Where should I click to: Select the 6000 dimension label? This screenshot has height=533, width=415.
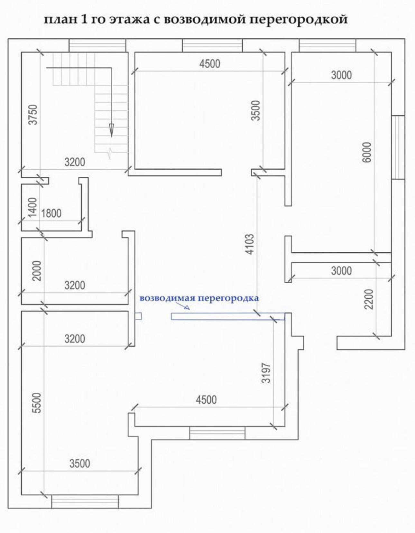[367, 152]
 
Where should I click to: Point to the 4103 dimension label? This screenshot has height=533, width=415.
[250, 244]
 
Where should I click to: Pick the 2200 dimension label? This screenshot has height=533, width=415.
[369, 299]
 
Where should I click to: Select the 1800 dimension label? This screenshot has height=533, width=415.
[51, 213]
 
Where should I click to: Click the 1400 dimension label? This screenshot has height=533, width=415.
[32, 208]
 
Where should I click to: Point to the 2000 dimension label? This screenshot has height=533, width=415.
[37, 271]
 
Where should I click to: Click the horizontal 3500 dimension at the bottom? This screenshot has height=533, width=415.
[80, 463]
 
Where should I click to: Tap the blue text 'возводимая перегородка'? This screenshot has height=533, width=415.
[199, 298]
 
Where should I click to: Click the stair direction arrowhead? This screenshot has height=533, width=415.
[112, 130]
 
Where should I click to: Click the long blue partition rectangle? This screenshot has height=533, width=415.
[228, 316]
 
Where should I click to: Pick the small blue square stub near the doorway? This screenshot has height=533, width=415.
[138, 316]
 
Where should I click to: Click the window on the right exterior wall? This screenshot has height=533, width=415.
[398, 147]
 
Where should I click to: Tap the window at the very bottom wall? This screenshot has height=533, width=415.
[85, 501]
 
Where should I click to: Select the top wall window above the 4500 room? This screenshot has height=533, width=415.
[212, 45]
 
